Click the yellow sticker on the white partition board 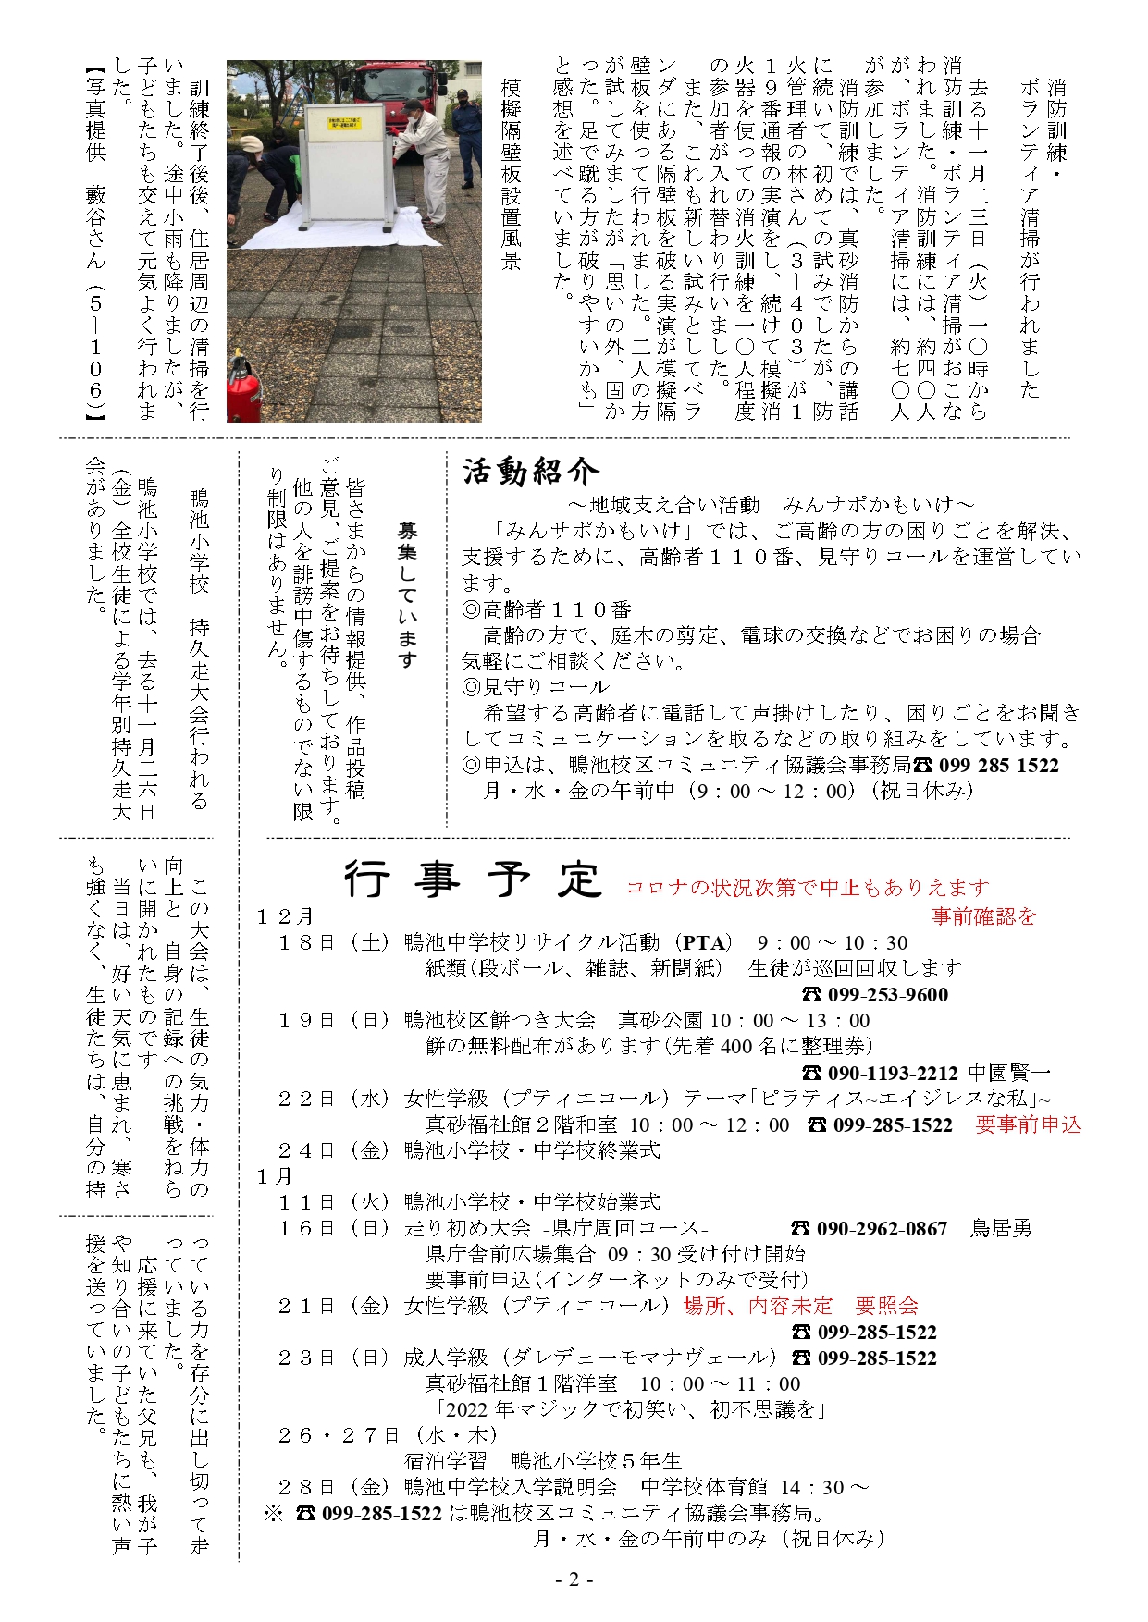coord(343,124)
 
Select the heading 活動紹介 coord(530,472)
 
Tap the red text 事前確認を coord(983,915)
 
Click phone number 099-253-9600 coord(886,994)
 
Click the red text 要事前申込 coord(1028,1124)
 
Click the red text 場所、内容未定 coord(758,1305)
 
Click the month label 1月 coord(275,1175)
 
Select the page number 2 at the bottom coord(574,1579)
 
